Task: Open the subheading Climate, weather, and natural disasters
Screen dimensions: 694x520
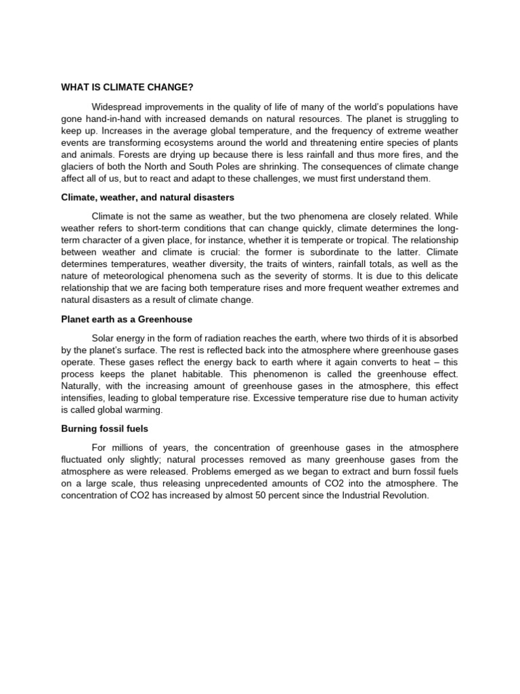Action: click(x=148, y=197)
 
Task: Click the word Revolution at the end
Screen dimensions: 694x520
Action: click(x=404, y=495)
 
